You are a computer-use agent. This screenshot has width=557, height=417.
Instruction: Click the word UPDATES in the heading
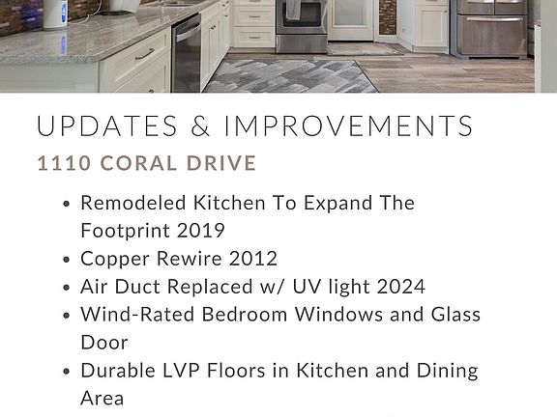(107, 125)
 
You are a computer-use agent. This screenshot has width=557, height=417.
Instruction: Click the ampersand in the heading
(201, 125)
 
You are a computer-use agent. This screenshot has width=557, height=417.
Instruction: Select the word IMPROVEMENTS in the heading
(348, 125)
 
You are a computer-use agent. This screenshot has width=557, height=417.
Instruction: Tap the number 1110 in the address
(64, 163)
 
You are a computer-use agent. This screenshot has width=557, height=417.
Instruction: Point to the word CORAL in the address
(139, 163)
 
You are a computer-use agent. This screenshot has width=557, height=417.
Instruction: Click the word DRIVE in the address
(221, 163)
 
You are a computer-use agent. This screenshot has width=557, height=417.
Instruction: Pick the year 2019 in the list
(201, 231)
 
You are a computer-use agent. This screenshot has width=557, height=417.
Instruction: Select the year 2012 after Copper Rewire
(253, 258)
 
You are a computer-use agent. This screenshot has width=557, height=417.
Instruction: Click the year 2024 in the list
(400, 287)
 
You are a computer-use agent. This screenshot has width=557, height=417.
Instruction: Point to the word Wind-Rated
(137, 315)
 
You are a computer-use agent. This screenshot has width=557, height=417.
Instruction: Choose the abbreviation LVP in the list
(181, 371)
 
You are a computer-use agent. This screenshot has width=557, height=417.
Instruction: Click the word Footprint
(125, 232)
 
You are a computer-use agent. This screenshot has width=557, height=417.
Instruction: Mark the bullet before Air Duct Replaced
(66, 288)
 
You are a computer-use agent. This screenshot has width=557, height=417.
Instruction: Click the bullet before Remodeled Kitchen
(66, 204)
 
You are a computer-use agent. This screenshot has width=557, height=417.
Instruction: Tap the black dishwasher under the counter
(187, 53)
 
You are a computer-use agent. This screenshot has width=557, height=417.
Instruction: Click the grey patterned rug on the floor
(289, 76)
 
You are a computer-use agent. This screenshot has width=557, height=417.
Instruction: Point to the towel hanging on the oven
(293, 10)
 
